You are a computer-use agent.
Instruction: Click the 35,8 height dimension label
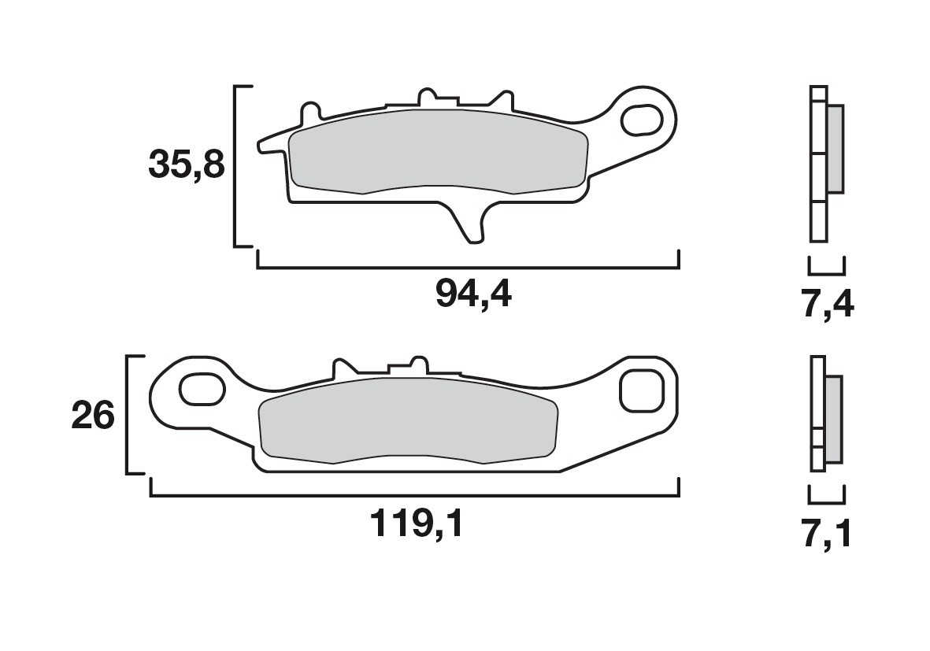[187, 165]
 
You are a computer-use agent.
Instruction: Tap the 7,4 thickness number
[827, 304]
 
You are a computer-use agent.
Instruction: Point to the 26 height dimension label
[93, 416]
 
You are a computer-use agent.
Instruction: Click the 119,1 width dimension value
[415, 524]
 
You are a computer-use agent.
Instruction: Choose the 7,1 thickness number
[827, 535]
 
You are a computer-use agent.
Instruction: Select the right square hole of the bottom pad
[639, 390]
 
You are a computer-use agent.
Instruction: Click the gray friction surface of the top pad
[437, 151]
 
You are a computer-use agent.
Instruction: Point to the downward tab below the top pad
[469, 224]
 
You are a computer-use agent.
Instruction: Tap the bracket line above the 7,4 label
[827, 272]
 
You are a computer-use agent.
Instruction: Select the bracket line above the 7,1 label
[827, 501]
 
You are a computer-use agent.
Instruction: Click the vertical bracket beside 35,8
[235, 165]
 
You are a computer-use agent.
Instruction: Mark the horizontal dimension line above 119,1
[415, 497]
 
